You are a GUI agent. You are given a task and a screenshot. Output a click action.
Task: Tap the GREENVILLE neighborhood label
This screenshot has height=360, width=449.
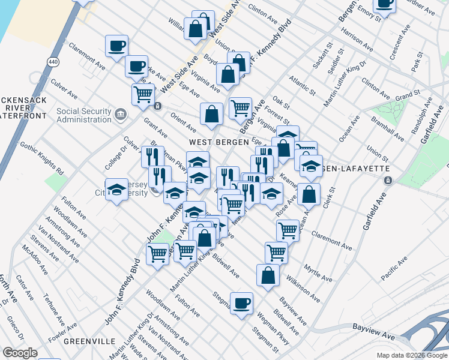(89, 341)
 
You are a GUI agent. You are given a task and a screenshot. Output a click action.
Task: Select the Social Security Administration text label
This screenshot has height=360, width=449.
(83, 115)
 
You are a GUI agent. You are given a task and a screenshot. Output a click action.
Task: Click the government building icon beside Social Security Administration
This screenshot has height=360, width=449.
(121, 114)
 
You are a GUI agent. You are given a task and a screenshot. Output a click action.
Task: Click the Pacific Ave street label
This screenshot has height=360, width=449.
(393, 265)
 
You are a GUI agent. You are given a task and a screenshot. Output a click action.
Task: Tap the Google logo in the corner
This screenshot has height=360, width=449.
(20, 353)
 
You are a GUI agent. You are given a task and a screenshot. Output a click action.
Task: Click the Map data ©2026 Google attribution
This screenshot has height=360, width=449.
(412, 355)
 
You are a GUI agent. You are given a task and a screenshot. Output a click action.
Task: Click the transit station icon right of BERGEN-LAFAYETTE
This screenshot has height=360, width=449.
(388, 180)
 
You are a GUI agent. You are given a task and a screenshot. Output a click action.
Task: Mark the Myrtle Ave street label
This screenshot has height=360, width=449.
(318, 272)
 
